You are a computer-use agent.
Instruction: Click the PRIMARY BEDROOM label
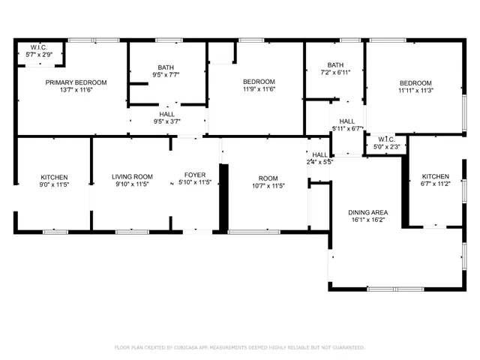click(x=76, y=82)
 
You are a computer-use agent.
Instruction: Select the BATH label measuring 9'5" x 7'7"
click(x=165, y=67)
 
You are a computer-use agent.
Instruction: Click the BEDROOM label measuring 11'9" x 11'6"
click(x=259, y=82)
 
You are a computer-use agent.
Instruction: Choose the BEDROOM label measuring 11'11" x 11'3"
click(x=415, y=82)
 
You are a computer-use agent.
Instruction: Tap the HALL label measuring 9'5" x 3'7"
click(x=166, y=115)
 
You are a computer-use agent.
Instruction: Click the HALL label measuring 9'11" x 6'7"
click(x=347, y=121)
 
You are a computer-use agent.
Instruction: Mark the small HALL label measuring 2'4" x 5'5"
click(x=319, y=154)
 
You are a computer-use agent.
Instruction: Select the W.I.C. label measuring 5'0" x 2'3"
click(x=387, y=139)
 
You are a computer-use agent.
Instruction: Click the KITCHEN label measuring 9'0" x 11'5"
click(x=54, y=177)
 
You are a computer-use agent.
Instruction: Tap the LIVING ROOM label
click(x=133, y=177)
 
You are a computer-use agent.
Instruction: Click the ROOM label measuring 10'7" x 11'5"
click(x=268, y=177)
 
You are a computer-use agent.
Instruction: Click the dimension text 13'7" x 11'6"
click(x=76, y=90)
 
